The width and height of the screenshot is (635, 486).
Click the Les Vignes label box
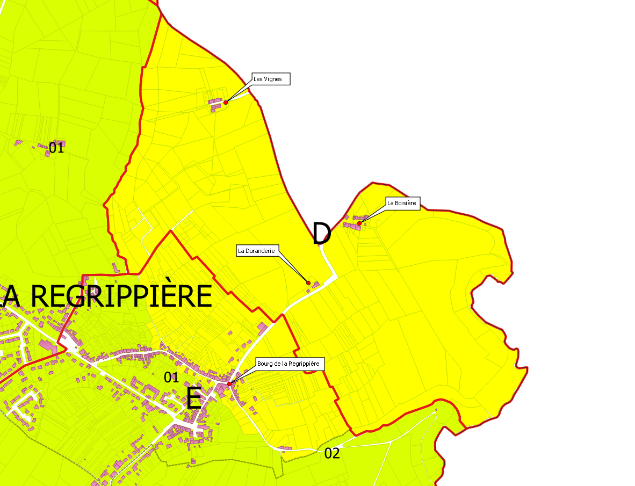(271, 79)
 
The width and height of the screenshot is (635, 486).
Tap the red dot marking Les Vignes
(226, 102)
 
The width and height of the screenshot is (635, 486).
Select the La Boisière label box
(402, 203)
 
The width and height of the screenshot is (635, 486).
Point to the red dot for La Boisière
(359, 223)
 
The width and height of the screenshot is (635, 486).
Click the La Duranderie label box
(257, 250)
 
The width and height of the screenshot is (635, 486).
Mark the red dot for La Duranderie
(308, 282)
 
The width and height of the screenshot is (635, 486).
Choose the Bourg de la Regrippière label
(288, 364)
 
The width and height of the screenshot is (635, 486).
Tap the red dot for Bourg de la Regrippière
(229, 384)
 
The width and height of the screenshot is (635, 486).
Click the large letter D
(321, 234)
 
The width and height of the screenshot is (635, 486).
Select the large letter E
(193, 398)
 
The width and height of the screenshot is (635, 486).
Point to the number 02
(332, 454)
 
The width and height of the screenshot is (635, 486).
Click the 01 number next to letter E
(171, 378)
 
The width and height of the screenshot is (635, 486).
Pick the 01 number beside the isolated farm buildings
(56, 148)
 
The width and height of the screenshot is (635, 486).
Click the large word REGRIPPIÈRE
(121, 296)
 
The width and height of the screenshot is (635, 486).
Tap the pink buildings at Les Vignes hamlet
(216, 103)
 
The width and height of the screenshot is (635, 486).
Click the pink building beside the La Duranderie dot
(316, 284)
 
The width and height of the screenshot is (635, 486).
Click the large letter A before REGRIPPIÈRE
(12, 296)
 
